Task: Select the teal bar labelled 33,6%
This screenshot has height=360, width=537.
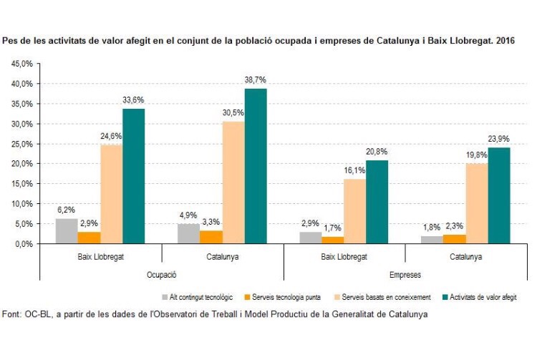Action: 133,176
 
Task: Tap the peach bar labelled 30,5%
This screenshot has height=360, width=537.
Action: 233,183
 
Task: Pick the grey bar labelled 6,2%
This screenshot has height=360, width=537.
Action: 67,231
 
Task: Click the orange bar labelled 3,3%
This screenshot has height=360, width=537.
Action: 211,237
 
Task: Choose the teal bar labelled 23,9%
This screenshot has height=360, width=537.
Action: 498,195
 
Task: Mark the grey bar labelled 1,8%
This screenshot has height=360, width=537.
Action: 433,240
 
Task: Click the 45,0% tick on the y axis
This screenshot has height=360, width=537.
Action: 21,64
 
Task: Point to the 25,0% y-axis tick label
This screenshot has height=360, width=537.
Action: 21,144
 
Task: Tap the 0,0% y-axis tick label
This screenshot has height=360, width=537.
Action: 24,244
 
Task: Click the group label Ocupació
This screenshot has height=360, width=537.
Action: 161,274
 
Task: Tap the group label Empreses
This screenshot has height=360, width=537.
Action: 405,274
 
